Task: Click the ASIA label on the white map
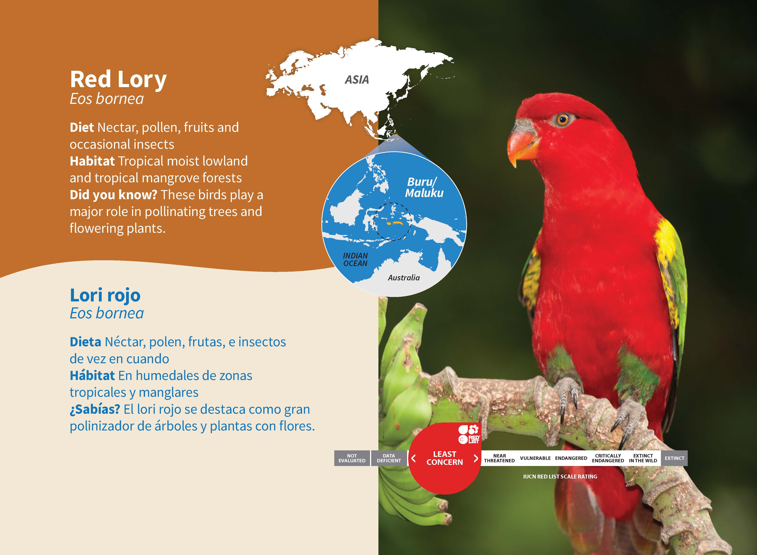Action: (357, 80)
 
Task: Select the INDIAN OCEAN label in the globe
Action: (356, 259)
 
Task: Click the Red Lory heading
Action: (118, 80)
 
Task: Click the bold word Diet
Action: (82, 127)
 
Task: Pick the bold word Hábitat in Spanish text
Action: (92, 375)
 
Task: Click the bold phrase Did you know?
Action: (113, 195)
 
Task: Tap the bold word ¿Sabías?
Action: (95, 409)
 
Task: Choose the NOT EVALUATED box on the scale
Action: (352, 458)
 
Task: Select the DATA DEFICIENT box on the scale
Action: (389, 458)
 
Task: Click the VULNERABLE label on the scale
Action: (535, 458)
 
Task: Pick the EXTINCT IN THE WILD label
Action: (643, 458)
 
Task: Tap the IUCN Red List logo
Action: (469, 434)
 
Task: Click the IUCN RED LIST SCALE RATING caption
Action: (560, 476)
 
